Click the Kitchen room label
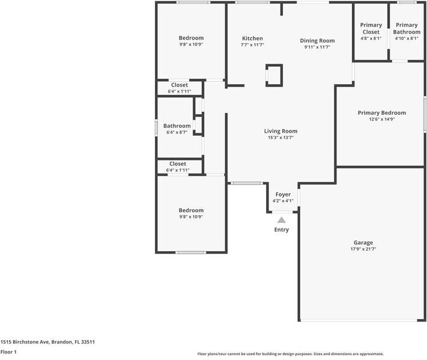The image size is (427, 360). point(252,38)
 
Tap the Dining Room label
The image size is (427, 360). point(317,40)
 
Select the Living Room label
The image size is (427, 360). point(280,131)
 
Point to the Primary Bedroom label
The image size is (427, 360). point(381,112)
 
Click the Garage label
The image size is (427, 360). point(363,242)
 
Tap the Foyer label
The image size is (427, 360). point(283,195)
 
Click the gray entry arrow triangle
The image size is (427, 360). point(281,220)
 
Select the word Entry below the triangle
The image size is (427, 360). point(281,230)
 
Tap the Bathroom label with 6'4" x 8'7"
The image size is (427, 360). point(177,126)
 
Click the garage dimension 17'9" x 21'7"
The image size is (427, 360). point(363,249)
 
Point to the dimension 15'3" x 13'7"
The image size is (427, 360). point(280,138)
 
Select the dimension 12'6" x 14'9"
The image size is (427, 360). point(381,119)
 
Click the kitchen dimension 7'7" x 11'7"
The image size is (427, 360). point(252,45)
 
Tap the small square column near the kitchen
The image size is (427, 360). point(274,75)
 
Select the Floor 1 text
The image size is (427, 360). point(8,353)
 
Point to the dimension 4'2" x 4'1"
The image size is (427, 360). point(283,201)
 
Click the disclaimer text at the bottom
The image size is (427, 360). point(290,354)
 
